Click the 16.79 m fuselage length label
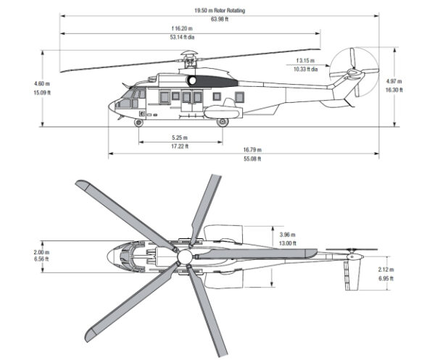(x=252, y=150)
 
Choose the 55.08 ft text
(x=252, y=159)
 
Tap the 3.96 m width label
(x=288, y=235)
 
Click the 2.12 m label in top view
(x=386, y=269)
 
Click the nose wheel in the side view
(x=138, y=123)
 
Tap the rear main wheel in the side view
(x=223, y=123)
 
